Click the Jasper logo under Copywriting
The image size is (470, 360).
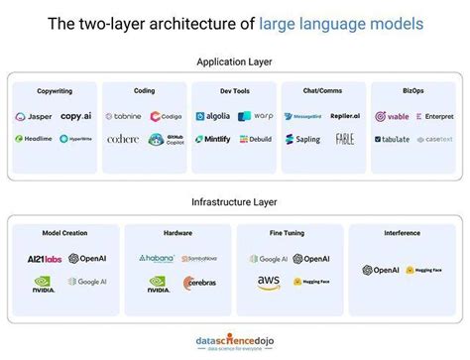(34, 116)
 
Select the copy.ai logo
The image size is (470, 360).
(75, 116)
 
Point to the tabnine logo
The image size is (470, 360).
(124, 116)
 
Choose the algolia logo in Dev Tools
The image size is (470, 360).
(212, 116)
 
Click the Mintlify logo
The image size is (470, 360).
(212, 140)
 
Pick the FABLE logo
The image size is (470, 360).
(345, 140)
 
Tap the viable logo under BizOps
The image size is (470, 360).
(392, 116)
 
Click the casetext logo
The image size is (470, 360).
(434, 140)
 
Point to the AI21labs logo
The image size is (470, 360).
(44, 259)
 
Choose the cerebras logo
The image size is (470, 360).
(200, 283)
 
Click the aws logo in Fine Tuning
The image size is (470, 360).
(269, 283)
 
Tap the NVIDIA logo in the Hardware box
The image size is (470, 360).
(159, 284)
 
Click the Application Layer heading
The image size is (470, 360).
(234, 61)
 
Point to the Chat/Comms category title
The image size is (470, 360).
(323, 89)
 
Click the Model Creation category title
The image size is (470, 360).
(63, 234)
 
